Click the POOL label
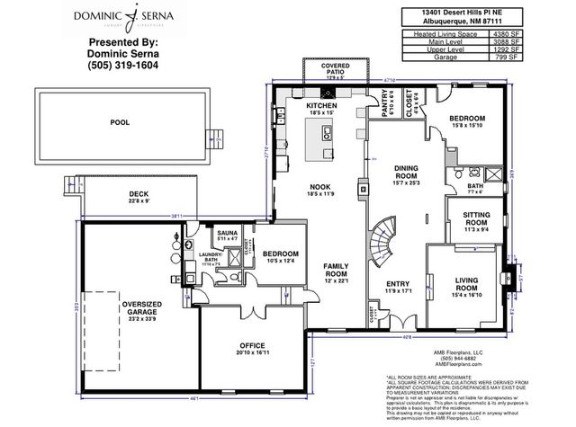tap(119, 121)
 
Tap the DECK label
tap(139, 193)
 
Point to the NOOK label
tap(321, 187)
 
